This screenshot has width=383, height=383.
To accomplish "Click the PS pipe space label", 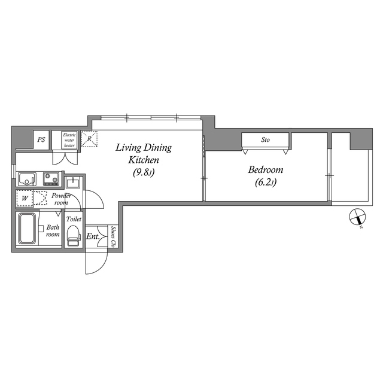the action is coord(41,140).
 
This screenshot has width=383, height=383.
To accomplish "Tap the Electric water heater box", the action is coord(69,140).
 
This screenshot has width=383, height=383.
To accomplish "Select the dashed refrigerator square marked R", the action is coord(89,139).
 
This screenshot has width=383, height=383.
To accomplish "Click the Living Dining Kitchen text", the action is coord(144,154).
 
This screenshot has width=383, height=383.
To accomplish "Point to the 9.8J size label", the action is coord(144,173).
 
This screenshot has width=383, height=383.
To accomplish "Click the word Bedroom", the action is coord(266,170).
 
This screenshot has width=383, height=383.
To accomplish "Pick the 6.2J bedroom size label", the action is coord(266,183).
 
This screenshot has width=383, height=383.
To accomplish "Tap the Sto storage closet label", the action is coord(266,139).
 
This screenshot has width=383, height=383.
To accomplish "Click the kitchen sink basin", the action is coord(26,179).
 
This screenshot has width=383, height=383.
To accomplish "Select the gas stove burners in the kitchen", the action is coord(51,178).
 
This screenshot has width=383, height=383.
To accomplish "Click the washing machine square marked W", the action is coord(25,198).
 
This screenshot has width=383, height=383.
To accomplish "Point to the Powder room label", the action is coord(61,199).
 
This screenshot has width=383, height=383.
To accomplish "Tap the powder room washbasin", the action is coord(72,182).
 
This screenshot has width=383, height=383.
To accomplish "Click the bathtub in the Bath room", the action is coord(28,229).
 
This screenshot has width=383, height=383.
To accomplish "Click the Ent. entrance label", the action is coord(93,236).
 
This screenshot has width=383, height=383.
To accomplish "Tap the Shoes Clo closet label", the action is coord(113,236).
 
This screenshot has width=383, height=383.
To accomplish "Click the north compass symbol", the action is coord(358,217).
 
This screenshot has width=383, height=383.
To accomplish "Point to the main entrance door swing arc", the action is coord(102,266).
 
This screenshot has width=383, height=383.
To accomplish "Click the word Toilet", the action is coord(74,219).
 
